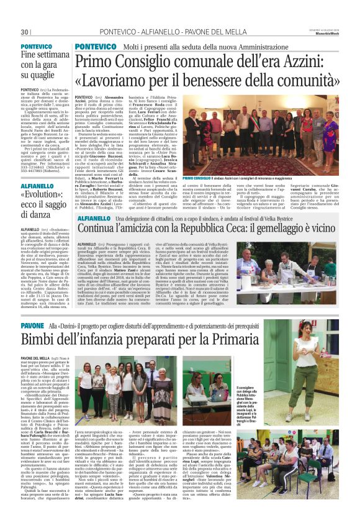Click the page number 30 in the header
25,32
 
